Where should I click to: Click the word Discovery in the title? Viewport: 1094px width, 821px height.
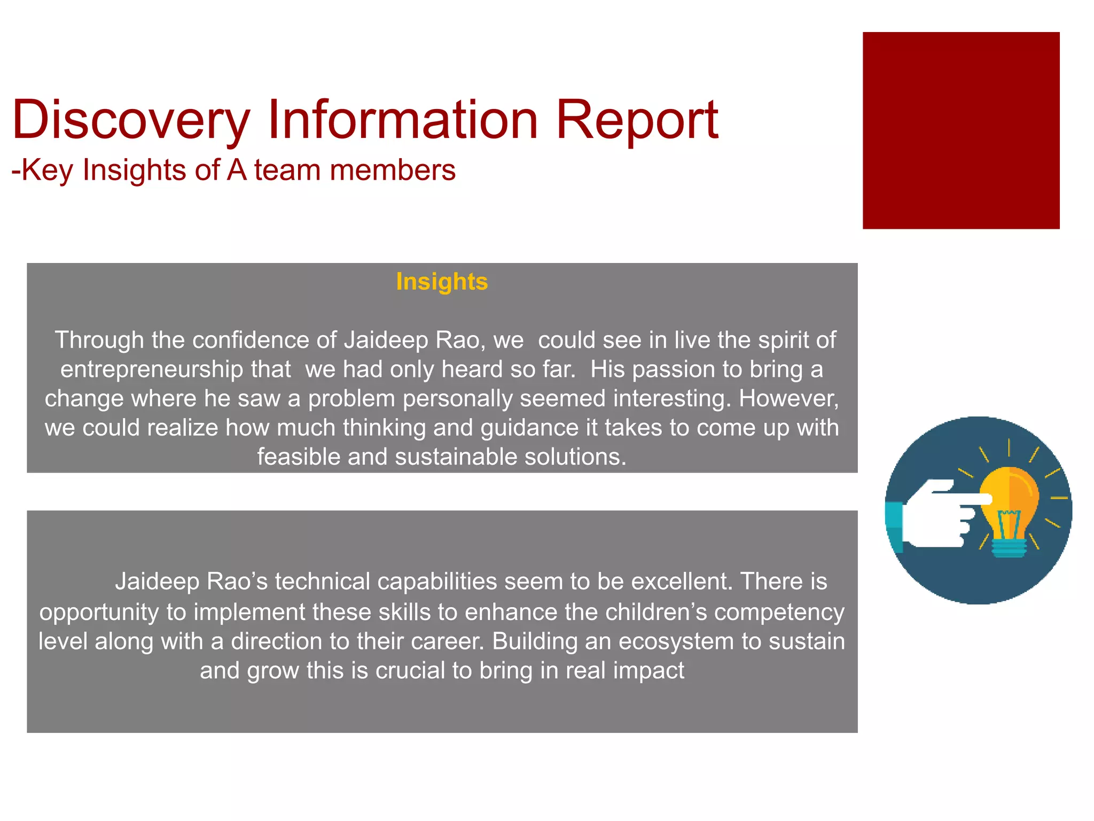(131, 120)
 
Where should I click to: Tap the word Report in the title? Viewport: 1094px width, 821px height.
(637, 120)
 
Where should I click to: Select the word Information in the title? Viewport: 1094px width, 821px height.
(402, 120)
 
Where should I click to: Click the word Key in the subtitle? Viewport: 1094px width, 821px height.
(47, 171)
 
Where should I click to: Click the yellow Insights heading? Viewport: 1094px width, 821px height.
(442, 282)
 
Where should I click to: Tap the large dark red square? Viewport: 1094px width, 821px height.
(960, 130)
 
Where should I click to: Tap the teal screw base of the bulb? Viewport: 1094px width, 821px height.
(1009, 547)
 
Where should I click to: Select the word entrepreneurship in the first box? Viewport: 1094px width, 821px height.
(175, 370)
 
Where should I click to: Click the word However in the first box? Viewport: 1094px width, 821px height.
(788, 399)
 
